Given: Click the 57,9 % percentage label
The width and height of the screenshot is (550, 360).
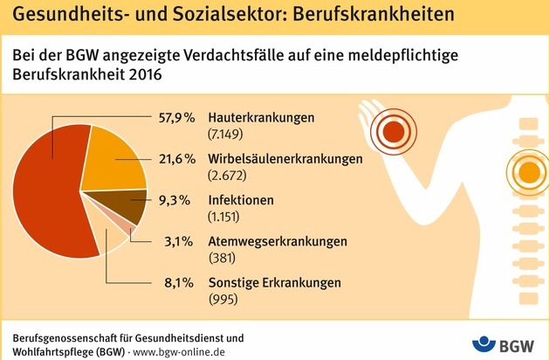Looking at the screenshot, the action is click(x=176, y=117).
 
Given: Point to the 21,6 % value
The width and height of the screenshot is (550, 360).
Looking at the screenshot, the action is click(x=176, y=159).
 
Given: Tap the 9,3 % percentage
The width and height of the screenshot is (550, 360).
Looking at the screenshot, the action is click(x=175, y=200).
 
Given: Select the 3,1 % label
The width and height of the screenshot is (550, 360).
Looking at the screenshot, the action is click(x=179, y=242).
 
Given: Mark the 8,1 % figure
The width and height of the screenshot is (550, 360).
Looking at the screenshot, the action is click(x=179, y=283).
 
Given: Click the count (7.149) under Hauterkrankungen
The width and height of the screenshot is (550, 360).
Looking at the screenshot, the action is click(x=225, y=134).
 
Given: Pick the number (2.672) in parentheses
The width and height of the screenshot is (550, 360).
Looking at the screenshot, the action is click(x=227, y=176).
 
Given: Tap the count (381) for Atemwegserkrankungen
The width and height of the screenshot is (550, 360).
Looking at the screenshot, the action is click(x=222, y=258).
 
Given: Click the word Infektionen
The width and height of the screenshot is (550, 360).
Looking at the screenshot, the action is click(x=241, y=200).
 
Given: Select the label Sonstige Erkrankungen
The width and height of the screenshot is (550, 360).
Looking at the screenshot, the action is click(x=275, y=283).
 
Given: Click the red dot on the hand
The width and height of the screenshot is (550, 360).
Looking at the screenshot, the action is click(x=394, y=132).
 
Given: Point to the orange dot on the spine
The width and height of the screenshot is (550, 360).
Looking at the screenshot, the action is click(x=529, y=172).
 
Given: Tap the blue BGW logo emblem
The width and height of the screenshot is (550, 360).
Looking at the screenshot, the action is click(x=484, y=344).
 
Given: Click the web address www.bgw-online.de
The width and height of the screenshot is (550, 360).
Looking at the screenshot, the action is click(x=179, y=352).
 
